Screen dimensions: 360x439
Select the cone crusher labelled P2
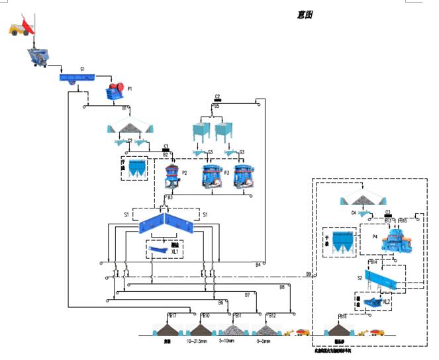pos(173,177)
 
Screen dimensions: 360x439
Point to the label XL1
pos(174,251)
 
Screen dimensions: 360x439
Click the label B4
pos(258,265)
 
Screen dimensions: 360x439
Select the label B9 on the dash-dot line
pos(309,273)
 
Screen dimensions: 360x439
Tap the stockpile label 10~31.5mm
pos(198,341)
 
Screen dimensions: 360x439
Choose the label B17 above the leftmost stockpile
pos(173,316)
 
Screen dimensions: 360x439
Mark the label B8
pos(281,287)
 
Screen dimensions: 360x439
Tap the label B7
pos(247,294)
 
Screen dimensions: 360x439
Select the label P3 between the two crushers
pos(226,172)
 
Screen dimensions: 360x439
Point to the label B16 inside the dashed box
pos(343,316)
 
